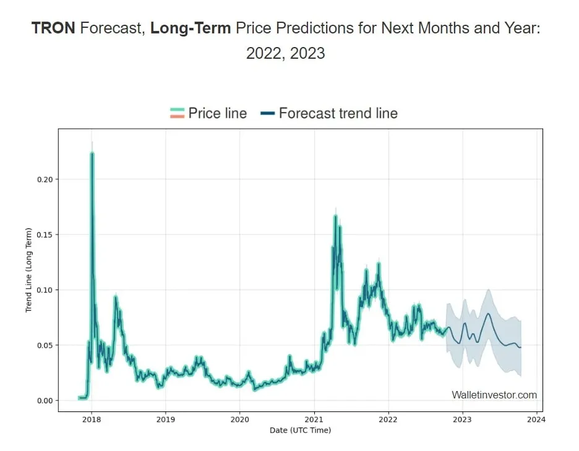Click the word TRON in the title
point(53,28)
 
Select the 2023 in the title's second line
point(307,53)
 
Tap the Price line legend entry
point(208,113)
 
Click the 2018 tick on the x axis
point(92,419)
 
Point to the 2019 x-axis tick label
point(165,419)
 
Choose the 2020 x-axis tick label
point(239,419)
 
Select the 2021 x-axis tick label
point(314,419)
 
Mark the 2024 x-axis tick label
point(536,419)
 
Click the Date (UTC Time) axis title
point(300,430)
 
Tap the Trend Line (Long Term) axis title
point(28,270)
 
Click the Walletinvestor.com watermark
point(494,395)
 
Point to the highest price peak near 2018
point(92,153)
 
